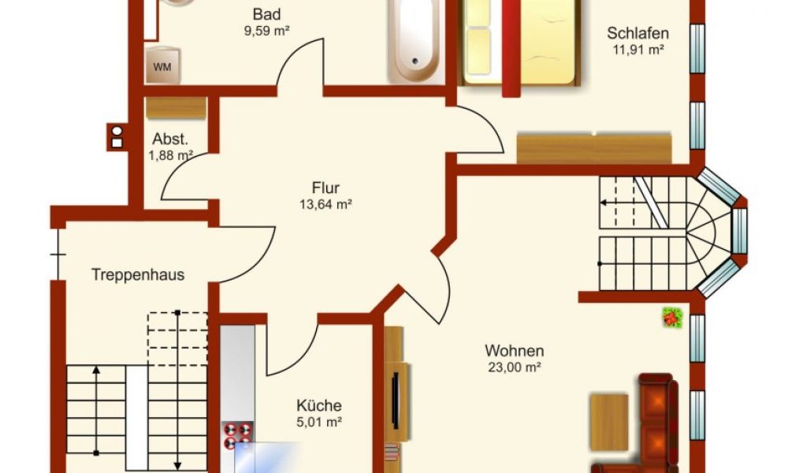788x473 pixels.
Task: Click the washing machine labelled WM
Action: [162, 65]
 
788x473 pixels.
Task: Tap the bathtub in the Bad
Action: [415, 40]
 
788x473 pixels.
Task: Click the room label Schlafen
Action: [637, 33]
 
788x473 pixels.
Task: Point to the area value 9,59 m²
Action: [266, 31]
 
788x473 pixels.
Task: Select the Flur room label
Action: [325, 188]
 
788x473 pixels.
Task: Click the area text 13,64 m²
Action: [325, 205]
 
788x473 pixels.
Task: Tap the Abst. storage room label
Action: [170, 139]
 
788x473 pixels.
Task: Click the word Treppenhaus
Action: [138, 275]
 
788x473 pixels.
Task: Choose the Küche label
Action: [319, 405]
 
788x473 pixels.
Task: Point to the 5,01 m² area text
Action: [319, 423]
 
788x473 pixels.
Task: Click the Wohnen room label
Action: [514, 350]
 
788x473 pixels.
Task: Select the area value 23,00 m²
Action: [514, 367]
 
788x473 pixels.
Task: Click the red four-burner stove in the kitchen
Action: [238, 435]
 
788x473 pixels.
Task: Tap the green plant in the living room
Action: [672, 318]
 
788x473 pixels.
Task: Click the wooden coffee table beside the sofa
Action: [608, 423]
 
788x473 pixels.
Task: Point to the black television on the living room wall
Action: [396, 401]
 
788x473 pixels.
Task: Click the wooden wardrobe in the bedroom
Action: [594, 148]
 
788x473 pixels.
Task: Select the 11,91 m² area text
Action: [638, 50]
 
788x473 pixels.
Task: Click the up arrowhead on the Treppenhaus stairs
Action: [96, 370]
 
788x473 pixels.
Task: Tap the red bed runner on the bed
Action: [511, 48]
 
